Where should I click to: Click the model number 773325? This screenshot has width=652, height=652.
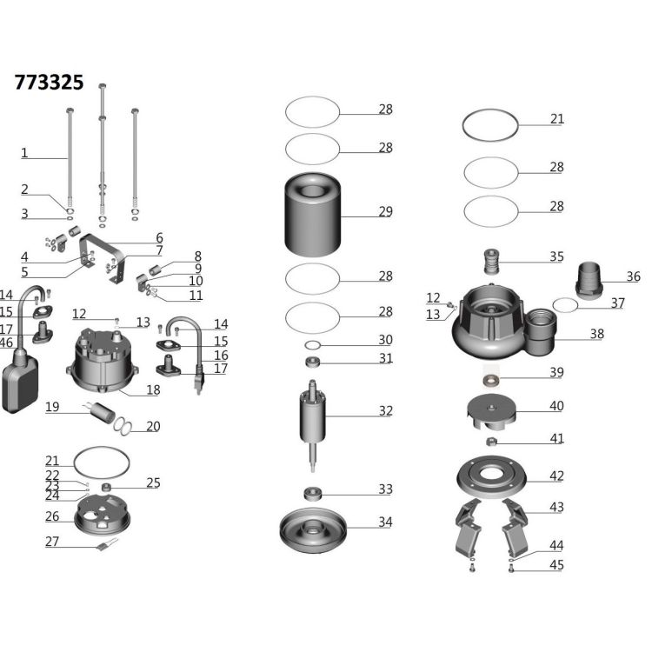[x=49, y=83]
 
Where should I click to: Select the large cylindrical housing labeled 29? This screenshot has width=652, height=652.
[x=313, y=215]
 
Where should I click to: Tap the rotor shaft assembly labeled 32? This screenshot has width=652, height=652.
[x=312, y=425]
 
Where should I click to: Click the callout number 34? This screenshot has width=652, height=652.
[x=385, y=522]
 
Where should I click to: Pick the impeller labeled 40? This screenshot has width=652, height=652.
[x=491, y=412]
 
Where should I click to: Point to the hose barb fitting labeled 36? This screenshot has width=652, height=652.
[x=589, y=281]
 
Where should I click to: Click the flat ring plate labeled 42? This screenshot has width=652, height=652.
[x=491, y=477]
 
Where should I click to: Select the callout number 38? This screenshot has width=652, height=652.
[x=596, y=334]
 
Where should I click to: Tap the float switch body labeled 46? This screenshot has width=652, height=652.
[x=20, y=381]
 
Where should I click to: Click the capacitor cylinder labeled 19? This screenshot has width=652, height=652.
[x=103, y=412]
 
